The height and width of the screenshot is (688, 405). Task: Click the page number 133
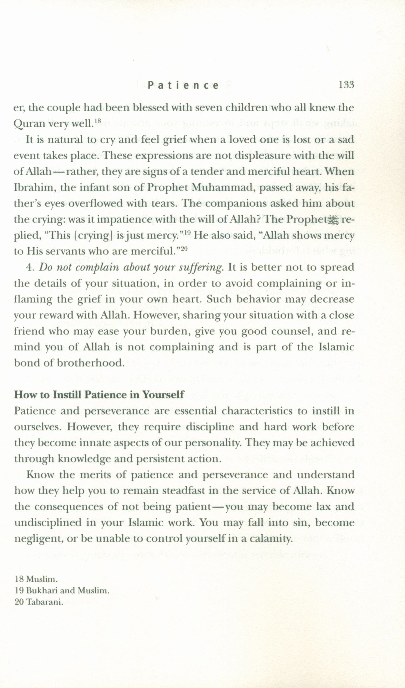(x=346, y=85)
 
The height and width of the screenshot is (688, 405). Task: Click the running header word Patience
(x=183, y=86)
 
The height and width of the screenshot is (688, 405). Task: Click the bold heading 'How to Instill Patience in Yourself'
(x=99, y=395)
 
